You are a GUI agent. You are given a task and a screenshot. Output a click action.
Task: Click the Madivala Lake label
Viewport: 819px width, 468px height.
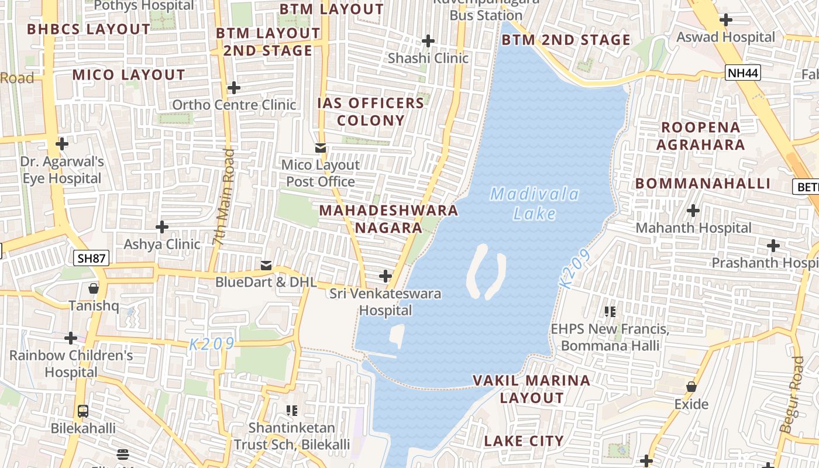535,204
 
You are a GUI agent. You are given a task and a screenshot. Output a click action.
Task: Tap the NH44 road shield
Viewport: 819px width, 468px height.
742,73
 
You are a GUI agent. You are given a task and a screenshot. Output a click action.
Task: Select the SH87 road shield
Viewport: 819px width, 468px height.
92,257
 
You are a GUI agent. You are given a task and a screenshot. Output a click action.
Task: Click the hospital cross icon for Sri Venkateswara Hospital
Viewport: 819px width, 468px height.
386,276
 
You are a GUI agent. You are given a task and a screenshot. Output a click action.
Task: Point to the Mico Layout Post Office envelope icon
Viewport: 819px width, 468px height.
321,148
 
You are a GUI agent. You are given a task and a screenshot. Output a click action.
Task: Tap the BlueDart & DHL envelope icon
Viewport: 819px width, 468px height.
266,266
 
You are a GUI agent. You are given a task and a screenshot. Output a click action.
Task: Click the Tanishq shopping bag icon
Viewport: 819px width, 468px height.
93,288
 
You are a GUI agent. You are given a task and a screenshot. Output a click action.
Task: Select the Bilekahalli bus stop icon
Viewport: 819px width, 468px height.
83,411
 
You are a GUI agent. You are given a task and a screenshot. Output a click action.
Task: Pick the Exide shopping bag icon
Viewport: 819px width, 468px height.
691,387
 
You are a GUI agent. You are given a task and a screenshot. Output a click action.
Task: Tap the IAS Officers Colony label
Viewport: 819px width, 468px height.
371,112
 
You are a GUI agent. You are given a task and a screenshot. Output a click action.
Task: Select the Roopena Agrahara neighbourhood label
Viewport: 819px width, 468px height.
700,136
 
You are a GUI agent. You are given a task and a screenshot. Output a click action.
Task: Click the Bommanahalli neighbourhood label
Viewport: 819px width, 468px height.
703,184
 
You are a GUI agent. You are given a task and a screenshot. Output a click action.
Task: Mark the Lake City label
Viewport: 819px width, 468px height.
524,441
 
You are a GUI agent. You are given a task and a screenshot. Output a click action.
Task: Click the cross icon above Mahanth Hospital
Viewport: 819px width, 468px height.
693,211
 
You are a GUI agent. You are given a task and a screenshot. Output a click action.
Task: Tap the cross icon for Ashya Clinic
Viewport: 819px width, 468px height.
162,226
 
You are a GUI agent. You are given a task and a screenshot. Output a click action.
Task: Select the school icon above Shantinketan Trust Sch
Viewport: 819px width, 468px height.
291,411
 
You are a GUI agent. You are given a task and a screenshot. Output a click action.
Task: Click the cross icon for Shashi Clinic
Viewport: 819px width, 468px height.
428,41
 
